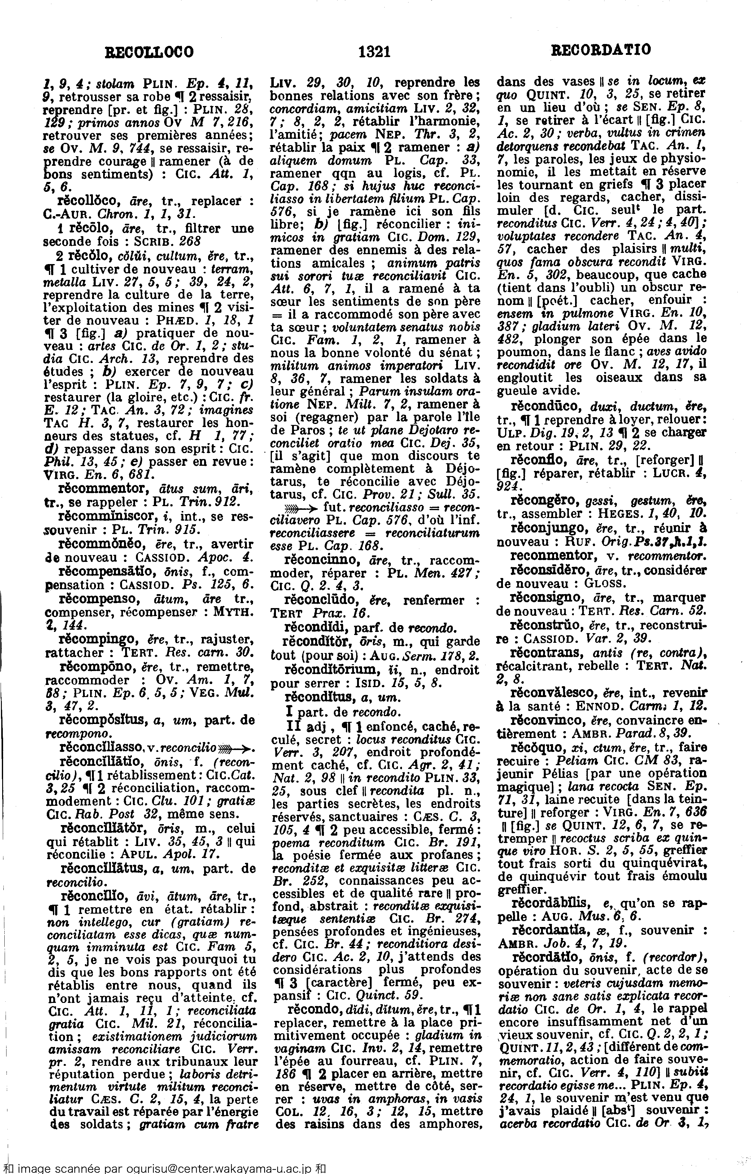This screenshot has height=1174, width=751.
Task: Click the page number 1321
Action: (x=374, y=51)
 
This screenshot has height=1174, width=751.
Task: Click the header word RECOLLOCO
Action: (x=150, y=52)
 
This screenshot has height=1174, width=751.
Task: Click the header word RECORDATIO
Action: (x=601, y=50)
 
